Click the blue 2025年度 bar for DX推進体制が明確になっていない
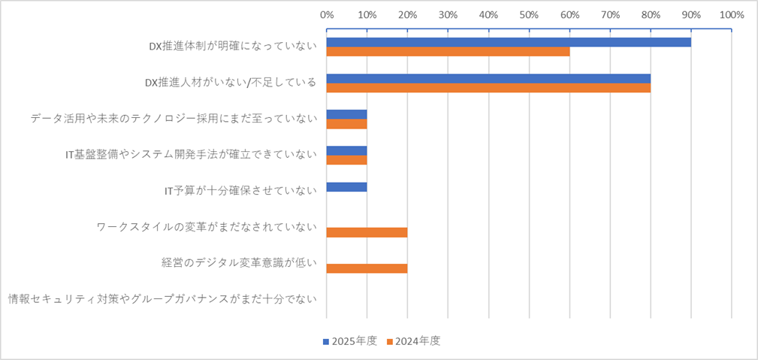pyautogui.click(x=509, y=42)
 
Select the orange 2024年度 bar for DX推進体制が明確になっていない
pyautogui.click(x=448, y=52)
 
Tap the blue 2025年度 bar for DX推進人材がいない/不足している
pyautogui.click(x=488, y=78)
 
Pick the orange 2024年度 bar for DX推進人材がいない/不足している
pyautogui.click(x=488, y=88)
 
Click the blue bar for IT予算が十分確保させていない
pyautogui.click(x=347, y=186)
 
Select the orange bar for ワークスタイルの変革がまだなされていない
pyautogui.click(x=367, y=232)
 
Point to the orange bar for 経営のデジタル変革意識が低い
pyautogui.click(x=367, y=268)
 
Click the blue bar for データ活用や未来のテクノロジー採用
pyautogui.click(x=347, y=114)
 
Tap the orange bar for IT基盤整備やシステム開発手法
pyautogui.click(x=347, y=160)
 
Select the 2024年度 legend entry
pyautogui.click(x=413, y=340)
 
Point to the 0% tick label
pyautogui.click(x=327, y=14)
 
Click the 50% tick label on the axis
pyautogui.click(x=529, y=14)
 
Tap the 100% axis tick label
pyautogui.click(x=731, y=14)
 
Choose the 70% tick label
pyautogui.click(x=610, y=14)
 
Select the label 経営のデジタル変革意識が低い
pyautogui.click(x=239, y=263)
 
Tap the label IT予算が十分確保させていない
pyautogui.click(x=240, y=191)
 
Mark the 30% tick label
pyautogui.click(x=448, y=14)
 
